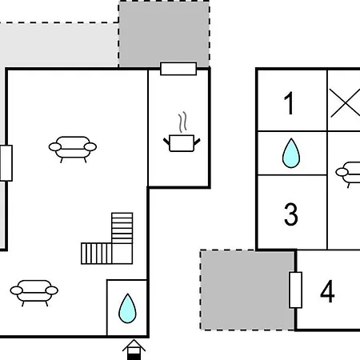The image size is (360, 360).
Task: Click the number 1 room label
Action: click(x=289, y=103)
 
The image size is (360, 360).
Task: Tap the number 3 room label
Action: click(x=290, y=214)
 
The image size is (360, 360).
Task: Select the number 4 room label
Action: click(x=327, y=291)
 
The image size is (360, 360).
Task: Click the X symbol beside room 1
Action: click(x=345, y=103)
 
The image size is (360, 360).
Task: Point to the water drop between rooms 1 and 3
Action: click(x=291, y=153)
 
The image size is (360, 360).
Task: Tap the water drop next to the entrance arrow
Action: click(x=127, y=308)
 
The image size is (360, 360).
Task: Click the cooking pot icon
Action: click(x=182, y=143)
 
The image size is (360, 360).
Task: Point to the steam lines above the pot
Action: click(x=182, y=122)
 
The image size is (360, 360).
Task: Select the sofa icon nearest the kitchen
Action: click(x=73, y=150)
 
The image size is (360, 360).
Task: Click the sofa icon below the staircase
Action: click(x=34, y=293)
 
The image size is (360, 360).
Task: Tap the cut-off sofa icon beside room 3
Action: click(x=348, y=174)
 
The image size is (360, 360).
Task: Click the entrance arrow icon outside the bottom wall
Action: click(x=134, y=350)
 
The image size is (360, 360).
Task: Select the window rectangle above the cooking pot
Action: click(x=178, y=69)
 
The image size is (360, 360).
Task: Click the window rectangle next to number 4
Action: click(x=295, y=290)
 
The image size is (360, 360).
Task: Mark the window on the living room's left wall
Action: click(x=6, y=163)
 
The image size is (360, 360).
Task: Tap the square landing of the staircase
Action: click(x=122, y=254)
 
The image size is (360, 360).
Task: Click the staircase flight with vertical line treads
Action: click(x=96, y=254)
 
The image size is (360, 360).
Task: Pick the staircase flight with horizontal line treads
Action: click(x=122, y=228)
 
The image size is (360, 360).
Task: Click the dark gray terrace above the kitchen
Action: click(x=164, y=34)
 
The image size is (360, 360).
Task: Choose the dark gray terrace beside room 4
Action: click(x=248, y=290)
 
